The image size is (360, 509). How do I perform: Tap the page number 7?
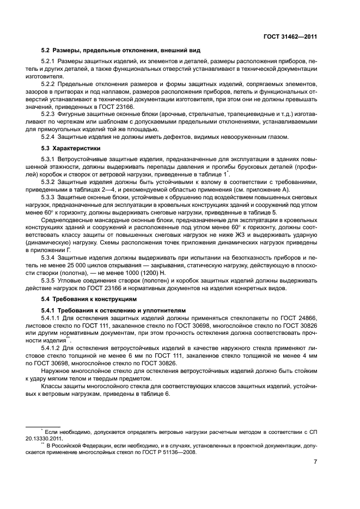point(315,462)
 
